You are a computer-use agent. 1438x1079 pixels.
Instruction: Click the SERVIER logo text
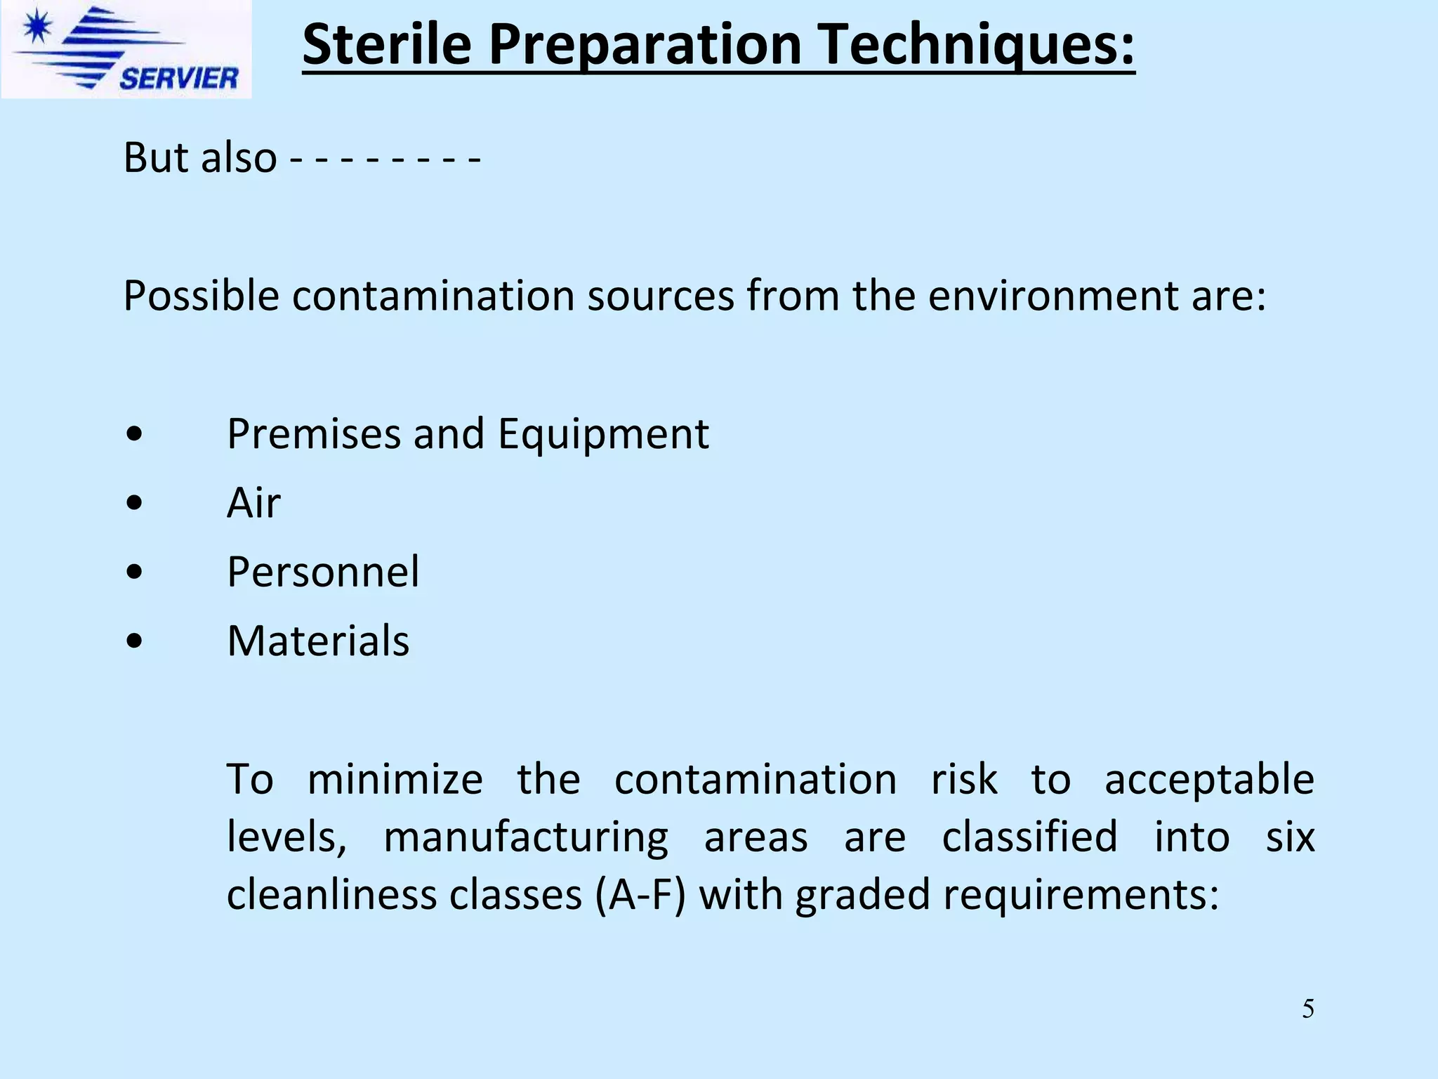179,77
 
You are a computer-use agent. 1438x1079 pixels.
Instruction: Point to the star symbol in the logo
36,29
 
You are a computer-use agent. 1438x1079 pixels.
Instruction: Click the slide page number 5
1308,1009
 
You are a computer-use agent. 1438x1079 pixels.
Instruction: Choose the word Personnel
323,571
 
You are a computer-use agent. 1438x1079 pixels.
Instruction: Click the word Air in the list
253,503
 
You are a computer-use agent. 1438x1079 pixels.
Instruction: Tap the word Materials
318,641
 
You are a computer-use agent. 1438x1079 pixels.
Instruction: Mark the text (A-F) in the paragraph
640,895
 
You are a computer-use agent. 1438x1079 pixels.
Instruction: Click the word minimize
395,779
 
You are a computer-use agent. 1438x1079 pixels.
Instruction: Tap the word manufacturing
526,838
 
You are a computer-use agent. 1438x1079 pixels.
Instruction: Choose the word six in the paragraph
1290,837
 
